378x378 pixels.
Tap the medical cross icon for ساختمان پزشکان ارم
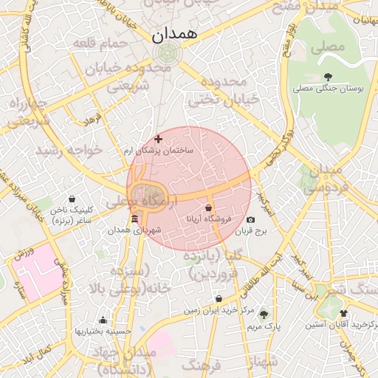click(x=158, y=138)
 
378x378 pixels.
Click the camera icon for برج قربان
click(x=251, y=220)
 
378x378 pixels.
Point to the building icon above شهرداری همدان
click(x=134, y=219)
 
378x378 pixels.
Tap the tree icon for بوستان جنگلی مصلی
click(x=328, y=77)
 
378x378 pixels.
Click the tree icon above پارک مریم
click(x=264, y=315)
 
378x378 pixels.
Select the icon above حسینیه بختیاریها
click(x=103, y=320)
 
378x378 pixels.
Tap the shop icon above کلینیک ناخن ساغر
click(x=72, y=199)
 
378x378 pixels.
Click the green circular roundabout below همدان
click(x=168, y=54)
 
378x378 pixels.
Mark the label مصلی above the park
click(x=329, y=49)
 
